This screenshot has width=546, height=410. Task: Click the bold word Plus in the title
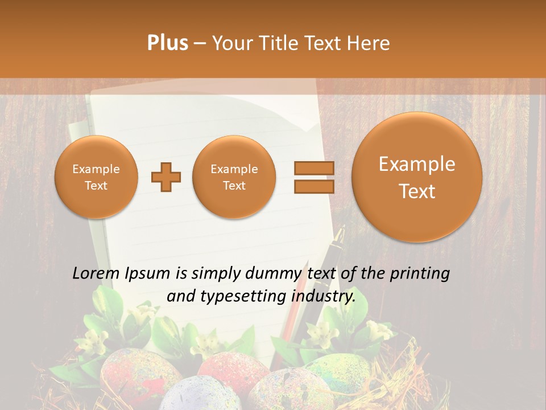[167, 43]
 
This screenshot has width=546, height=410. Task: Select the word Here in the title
[367, 43]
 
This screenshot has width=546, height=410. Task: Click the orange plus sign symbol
[166, 177]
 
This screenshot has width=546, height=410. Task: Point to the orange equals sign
[313, 177]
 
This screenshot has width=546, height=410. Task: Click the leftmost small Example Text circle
[96, 177]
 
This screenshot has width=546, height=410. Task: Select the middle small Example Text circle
[234, 177]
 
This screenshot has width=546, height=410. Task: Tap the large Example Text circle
[417, 177]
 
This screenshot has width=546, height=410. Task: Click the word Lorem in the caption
[96, 274]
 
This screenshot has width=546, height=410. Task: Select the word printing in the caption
[420, 274]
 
